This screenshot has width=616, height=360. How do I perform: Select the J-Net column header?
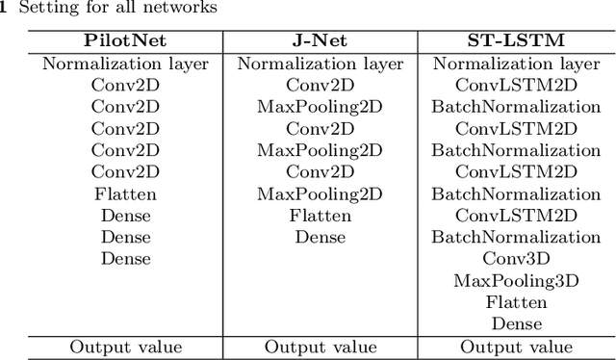pos(319,43)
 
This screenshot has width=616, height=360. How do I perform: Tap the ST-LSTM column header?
pos(516,43)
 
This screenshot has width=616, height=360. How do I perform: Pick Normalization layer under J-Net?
pos(319,64)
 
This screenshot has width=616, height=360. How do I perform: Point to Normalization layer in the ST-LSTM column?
pos(516,64)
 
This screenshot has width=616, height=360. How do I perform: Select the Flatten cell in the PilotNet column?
pos(125,193)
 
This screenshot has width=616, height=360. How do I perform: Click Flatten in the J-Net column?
pos(320,215)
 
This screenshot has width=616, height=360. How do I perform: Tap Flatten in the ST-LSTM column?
pos(516,301)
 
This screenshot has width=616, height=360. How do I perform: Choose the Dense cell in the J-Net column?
pos(320,237)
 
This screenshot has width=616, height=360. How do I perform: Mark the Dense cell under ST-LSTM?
pos(516,323)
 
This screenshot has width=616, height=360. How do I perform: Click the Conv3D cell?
pos(516,258)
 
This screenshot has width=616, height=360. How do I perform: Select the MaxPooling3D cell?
pos(516,280)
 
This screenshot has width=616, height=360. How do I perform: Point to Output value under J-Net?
pos(319,347)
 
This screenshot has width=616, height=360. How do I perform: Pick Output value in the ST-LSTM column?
pos(516,347)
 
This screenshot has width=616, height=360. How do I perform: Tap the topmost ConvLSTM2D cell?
pos(516,86)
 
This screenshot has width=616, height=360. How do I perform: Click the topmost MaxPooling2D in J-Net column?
pos(320,107)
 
